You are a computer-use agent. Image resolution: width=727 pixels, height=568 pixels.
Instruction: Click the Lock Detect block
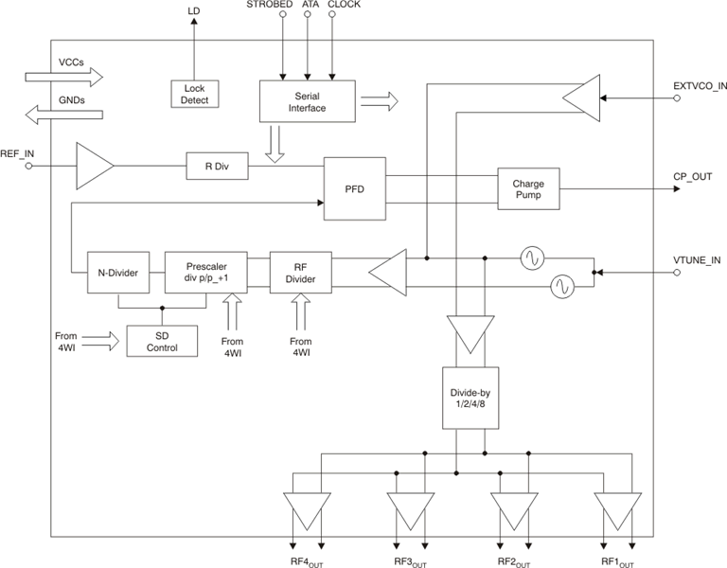point(194,93)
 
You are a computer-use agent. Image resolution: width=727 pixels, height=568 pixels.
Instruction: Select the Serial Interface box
point(307,101)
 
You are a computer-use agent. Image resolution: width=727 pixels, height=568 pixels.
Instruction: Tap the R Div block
point(217,167)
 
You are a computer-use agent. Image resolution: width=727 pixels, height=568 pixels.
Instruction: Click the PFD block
point(354,188)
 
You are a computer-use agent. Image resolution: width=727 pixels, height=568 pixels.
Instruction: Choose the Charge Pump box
point(528,188)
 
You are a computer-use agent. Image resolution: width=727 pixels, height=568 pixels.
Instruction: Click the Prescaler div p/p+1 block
point(207,274)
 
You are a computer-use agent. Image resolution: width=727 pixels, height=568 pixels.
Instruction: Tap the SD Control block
point(162,341)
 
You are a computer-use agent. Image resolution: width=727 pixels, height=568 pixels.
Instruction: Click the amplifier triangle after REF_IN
point(93,167)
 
